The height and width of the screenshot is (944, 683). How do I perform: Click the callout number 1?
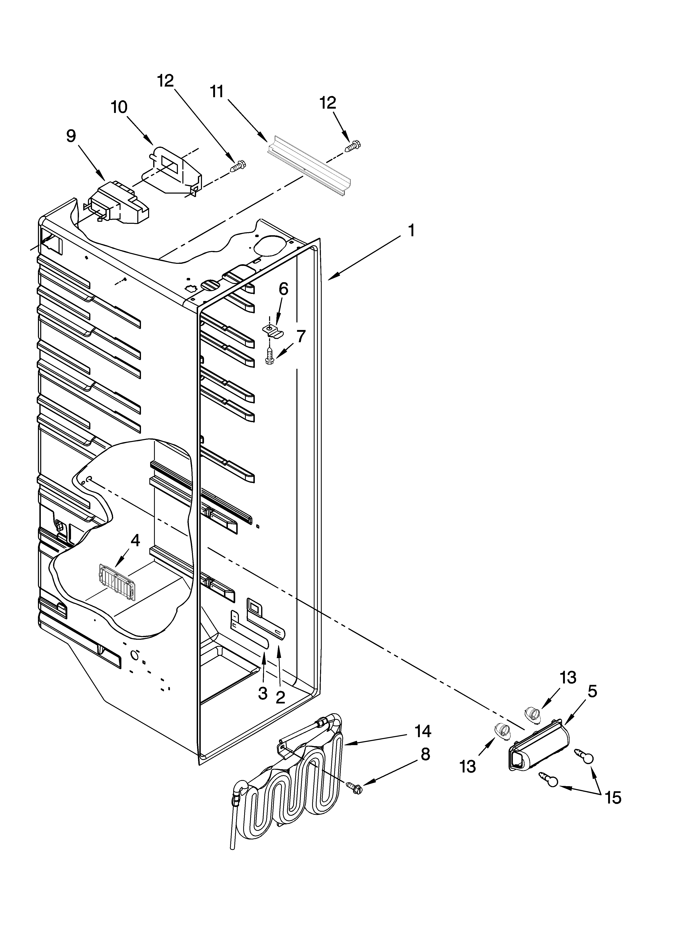[x=411, y=230]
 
